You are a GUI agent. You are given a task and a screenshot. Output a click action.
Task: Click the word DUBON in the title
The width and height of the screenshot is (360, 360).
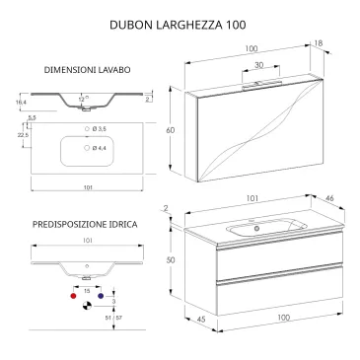[130, 23]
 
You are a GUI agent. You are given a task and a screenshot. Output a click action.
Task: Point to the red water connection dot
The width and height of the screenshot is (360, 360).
[72, 294]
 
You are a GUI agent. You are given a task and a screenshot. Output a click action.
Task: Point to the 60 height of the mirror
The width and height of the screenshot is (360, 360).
[169, 130]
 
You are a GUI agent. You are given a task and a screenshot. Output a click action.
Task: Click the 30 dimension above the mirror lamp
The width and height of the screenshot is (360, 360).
[258, 66]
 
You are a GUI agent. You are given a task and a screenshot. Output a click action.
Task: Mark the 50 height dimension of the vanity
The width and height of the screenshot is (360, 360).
[169, 258]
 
